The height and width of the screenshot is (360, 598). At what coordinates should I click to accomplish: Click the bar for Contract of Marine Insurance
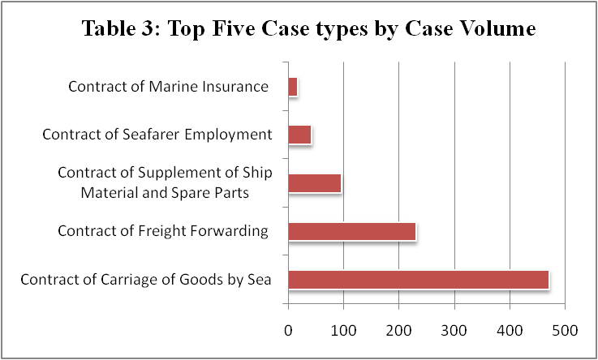coord(293,87)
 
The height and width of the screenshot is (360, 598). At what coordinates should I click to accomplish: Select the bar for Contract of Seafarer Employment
coord(300,135)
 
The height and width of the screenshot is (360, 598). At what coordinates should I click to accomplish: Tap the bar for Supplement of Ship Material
coord(315,183)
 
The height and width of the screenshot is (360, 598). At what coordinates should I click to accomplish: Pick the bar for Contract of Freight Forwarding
coord(352,231)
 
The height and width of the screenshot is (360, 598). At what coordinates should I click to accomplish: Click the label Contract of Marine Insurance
coord(168,87)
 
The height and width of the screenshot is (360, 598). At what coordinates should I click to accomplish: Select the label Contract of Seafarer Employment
coord(156,135)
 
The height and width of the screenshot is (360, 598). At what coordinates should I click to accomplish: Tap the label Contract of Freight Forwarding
coord(162,231)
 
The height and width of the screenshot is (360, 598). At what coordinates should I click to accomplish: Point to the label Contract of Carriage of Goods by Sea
coord(145,281)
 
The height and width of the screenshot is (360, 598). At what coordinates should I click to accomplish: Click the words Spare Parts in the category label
coord(231,192)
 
